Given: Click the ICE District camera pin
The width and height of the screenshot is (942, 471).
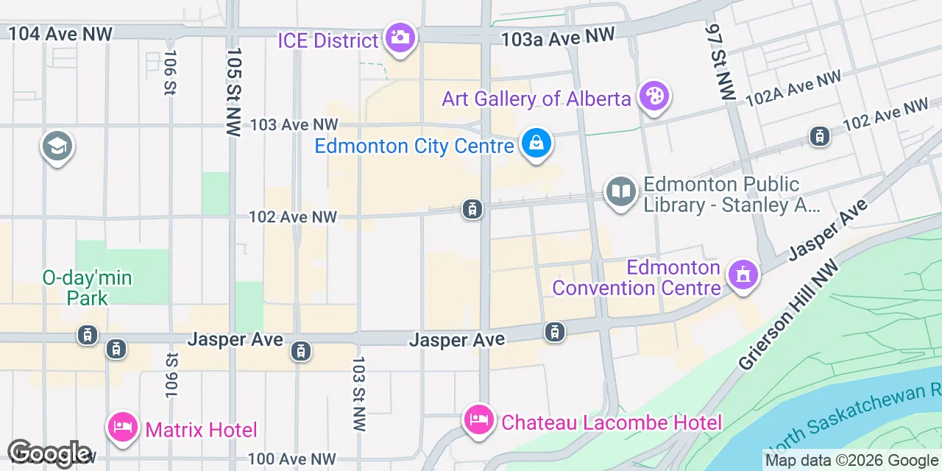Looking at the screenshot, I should click(400, 38).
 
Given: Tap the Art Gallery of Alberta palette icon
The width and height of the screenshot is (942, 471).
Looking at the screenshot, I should click(654, 96).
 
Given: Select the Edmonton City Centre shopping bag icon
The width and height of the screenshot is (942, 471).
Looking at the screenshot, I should click(536, 144).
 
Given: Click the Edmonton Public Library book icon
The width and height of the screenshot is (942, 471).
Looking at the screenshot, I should click(620, 192).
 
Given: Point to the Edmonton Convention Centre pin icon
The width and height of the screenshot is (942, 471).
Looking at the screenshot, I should click(743, 275).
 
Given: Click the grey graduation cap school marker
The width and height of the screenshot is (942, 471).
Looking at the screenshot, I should click(57, 146).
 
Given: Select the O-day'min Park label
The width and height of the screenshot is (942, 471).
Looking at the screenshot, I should click(87, 288).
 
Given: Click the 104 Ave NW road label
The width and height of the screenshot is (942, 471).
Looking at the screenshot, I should click(60, 33).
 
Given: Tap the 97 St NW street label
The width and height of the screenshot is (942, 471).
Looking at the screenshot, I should click(719, 62).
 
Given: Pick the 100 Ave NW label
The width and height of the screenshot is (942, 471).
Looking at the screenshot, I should click(292, 459).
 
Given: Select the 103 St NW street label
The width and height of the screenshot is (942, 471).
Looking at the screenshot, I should click(358, 393).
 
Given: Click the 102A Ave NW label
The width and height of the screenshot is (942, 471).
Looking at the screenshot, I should click(793, 88).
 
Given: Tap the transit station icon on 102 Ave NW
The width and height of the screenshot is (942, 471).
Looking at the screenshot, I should click(472, 210).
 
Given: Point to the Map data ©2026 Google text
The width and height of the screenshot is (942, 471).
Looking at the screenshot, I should click(852, 461).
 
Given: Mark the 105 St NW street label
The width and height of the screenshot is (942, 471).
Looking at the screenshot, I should click(234, 92).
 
